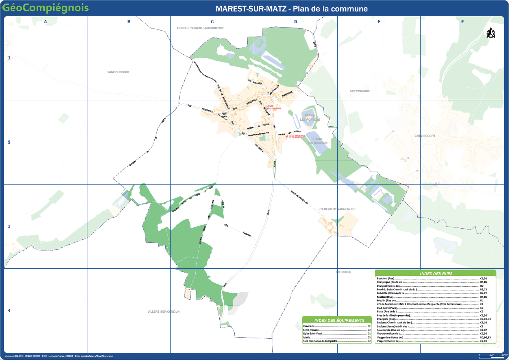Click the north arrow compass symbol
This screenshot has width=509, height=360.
(x=490, y=33)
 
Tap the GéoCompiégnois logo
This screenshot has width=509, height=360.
(x=45, y=8)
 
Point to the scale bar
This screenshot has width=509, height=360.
(x=491, y=355)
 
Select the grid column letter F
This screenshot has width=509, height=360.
(x=463, y=22)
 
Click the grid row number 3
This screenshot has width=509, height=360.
(x=9, y=226)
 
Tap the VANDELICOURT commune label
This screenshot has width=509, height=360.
(x=118, y=72)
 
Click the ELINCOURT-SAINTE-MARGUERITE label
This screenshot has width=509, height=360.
(x=200, y=28)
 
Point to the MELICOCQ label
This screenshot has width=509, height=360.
(x=343, y=272)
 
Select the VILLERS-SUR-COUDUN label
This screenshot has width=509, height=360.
(x=163, y=312)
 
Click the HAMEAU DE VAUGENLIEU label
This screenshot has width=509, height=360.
(x=337, y=209)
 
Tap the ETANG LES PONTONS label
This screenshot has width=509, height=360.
(x=310, y=118)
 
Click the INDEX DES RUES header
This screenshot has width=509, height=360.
(x=435, y=273)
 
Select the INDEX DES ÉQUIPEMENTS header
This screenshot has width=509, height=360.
(x=337, y=320)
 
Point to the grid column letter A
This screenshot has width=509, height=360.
(x=46, y=22)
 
